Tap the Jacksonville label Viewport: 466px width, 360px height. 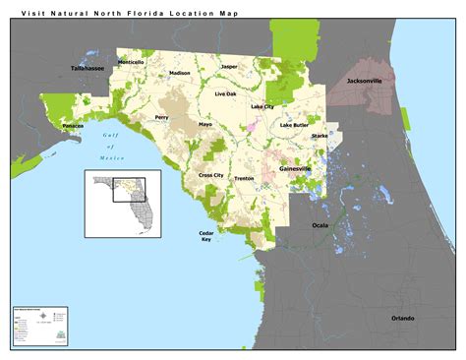365,82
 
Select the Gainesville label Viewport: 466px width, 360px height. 295,168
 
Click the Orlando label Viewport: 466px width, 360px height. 402,318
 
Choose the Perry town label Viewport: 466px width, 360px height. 162,117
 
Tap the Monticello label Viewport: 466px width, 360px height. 131,62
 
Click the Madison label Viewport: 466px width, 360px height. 180,73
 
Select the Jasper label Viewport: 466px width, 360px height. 229,67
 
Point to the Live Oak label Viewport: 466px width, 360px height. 226,93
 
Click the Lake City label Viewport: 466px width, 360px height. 262,106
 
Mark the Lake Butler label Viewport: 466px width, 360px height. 294,126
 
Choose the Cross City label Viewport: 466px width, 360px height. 210,175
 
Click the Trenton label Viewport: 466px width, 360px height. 244,179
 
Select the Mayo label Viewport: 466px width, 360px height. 205,125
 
